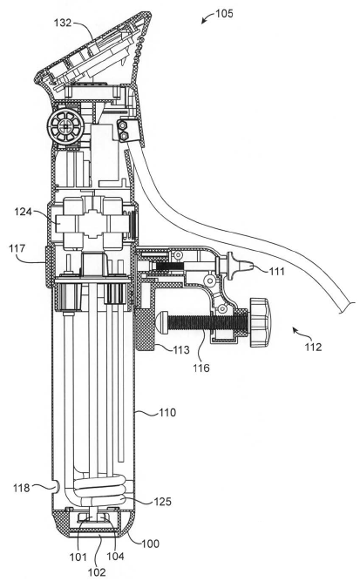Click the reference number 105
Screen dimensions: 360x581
[x=224, y=14]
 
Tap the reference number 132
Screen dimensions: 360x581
[x=63, y=23]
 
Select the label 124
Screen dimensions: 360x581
[x=24, y=212]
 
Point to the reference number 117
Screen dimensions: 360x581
[x=17, y=248]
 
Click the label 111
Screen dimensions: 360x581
[x=276, y=271]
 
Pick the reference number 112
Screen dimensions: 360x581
[x=313, y=347]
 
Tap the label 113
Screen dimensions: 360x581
[x=181, y=349]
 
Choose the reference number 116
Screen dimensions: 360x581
[x=200, y=368]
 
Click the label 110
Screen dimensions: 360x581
[x=167, y=412]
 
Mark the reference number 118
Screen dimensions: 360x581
[x=21, y=488]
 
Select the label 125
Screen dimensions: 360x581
[x=163, y=502]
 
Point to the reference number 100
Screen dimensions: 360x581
[x=150, y=544]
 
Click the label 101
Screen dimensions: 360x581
[x=78, y=557]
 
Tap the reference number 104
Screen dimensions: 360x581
[x=115, y=556]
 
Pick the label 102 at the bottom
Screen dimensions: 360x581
[x=97, y=571]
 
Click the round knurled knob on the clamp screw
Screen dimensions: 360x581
[x=260, y=322]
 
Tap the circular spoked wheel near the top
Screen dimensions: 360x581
[x=66, y=126]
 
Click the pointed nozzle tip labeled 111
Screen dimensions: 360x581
[x=248, y=266]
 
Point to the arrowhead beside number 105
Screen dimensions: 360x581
[x=204, y=21]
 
